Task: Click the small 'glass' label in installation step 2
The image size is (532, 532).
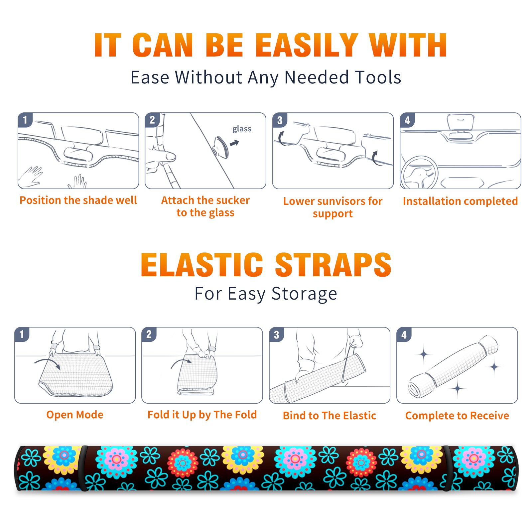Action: [x=242, y=129]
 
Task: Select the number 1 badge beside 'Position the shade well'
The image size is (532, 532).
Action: [x=25, y=120]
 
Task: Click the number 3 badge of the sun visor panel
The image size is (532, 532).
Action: [x=280, y=120]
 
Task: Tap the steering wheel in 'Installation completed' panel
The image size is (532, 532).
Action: [x=419, y=173]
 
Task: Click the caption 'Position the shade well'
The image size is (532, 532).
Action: [x=78, y=200]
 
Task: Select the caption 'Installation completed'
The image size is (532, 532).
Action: [x=460, y=201]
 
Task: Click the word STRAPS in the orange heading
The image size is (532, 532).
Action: [x=333, y=265]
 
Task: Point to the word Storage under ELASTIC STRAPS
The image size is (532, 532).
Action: [x=304, y=294]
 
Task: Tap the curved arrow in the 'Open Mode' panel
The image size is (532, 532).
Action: [x=48, y=362]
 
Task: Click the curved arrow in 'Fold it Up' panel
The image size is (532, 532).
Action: [x=181, y=363]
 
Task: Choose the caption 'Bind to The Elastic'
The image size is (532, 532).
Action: [x=330, y=416]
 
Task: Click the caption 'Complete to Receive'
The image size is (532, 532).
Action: [x=457, y=416]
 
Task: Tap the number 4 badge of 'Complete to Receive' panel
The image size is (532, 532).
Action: [x=404, y=334]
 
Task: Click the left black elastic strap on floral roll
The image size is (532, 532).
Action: [x=83, y=468]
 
